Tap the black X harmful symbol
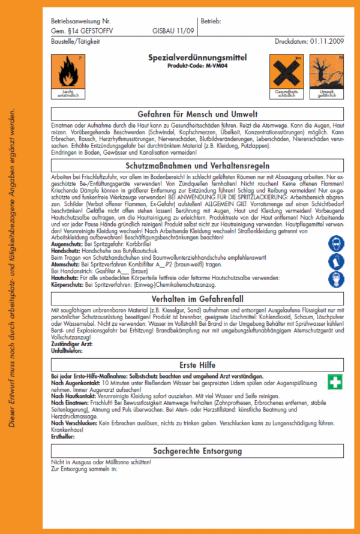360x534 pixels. [286, 72]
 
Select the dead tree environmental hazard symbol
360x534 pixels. [325, 72]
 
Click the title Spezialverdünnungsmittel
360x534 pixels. [197, 57]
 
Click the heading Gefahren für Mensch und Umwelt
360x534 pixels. [197, 114]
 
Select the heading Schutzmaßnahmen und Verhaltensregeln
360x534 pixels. [197, 164]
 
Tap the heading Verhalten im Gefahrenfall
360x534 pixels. [197, 298]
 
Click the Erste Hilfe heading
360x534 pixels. [197, 364]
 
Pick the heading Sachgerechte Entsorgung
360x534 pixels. [197, 451]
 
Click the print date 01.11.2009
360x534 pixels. [326, 41]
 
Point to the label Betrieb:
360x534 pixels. [212, 20]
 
